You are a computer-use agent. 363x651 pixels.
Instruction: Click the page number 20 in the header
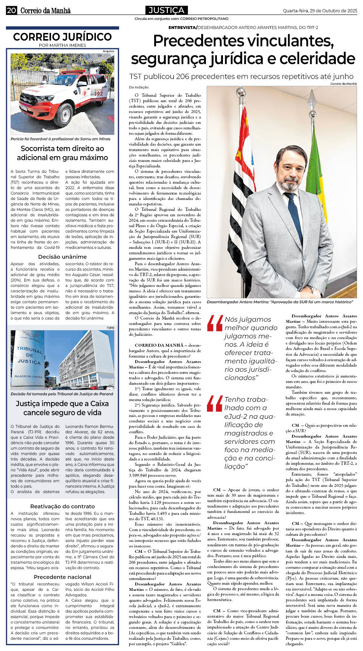coord(11,11)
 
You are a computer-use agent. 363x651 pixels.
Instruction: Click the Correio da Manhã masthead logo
coord(45,11)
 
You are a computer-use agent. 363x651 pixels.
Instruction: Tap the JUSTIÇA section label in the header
coord(166,10)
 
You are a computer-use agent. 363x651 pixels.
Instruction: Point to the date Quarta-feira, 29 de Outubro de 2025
coord(320,11)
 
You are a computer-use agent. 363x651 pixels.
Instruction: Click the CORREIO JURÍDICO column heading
coord(62,37)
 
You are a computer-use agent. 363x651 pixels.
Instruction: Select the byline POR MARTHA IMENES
coord(62,45)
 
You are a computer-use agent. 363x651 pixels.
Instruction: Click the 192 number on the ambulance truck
coord(98,93)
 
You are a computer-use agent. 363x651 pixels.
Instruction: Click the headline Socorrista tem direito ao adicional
coord(62,153)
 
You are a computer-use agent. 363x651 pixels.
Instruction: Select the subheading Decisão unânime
coord(62,256)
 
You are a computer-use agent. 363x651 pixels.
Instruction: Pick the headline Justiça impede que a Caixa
coord(62,408)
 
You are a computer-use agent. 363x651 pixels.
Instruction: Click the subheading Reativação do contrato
coord(62,506)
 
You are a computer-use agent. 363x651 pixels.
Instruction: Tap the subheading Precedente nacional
coord(62,577)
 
